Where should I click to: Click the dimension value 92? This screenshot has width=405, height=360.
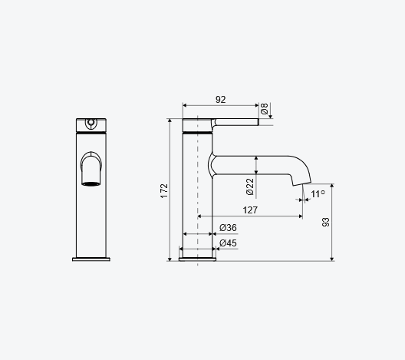click(221, 100)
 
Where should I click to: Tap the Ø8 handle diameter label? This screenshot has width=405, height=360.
click(264, 108)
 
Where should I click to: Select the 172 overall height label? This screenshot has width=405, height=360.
click(164, 191)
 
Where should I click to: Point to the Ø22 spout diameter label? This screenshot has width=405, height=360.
click(250, 187)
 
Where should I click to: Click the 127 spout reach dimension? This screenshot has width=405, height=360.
click(250, 210)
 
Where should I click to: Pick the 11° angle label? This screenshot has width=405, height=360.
click(318, 194)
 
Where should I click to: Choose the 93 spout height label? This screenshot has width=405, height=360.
click(326, 223)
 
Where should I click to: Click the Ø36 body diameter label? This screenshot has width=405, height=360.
click(228, 228)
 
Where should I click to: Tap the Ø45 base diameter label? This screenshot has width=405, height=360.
click(228, 243)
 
